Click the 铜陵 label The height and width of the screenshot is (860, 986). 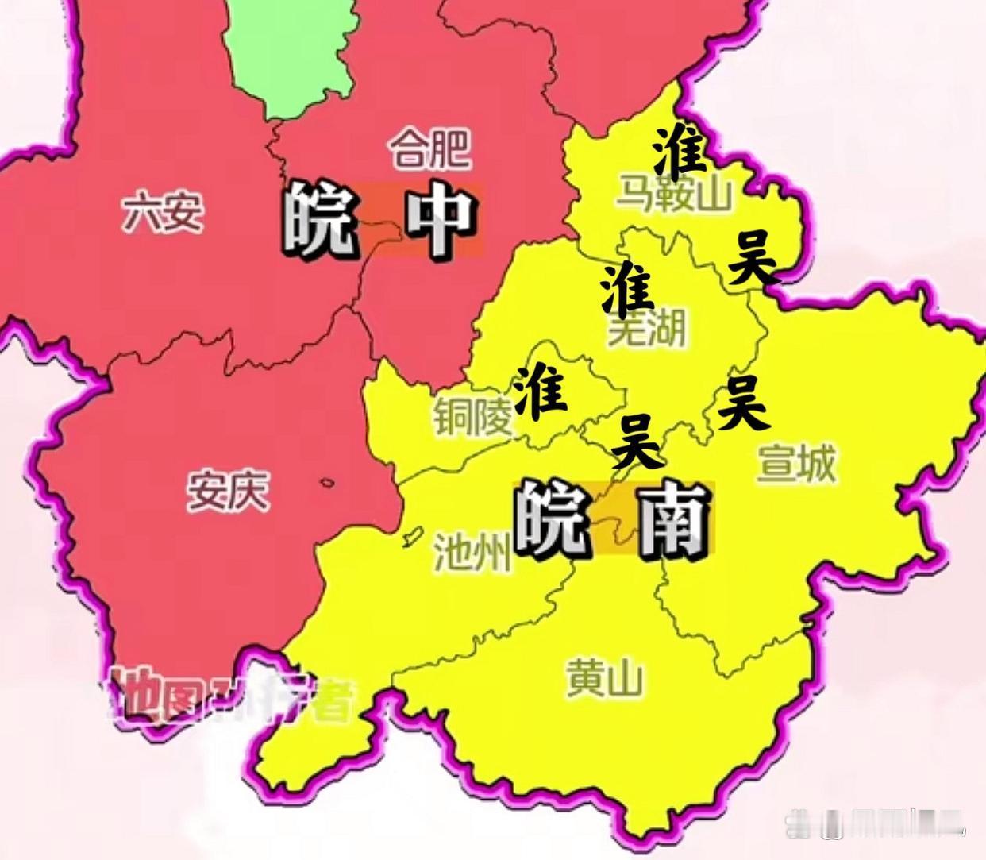472,416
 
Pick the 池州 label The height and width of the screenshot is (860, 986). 472,552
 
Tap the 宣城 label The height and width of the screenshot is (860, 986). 796,463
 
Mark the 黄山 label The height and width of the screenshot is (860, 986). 605,680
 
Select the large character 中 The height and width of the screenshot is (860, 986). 439,222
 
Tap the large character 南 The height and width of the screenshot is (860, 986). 672,520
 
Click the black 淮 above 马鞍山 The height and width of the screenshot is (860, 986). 680,151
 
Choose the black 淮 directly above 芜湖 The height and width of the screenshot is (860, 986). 626,288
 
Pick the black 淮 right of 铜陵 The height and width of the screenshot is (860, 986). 540,392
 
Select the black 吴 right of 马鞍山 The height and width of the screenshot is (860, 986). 752,259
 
